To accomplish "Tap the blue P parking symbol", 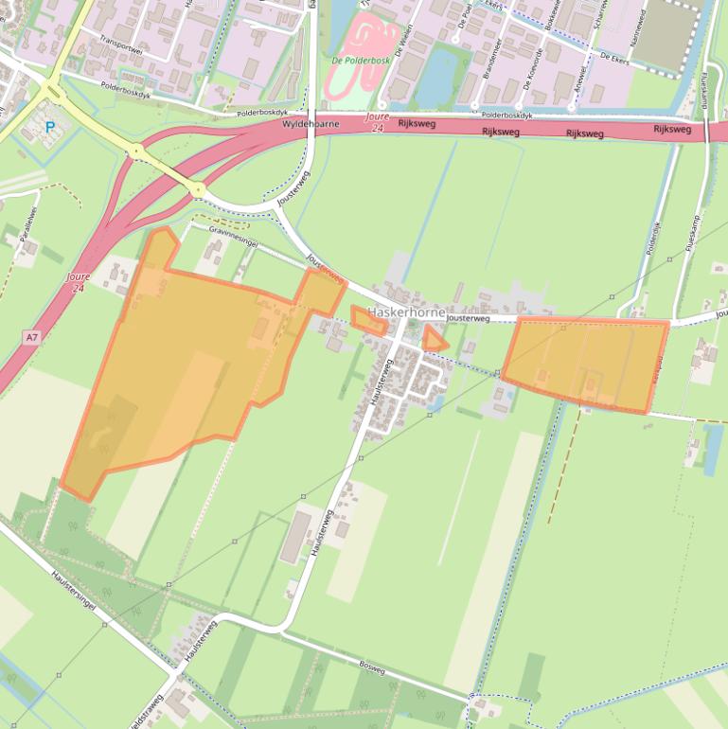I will click(49, 126).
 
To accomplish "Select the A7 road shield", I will click(32, 337).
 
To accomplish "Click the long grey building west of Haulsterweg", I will click(297, 536).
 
